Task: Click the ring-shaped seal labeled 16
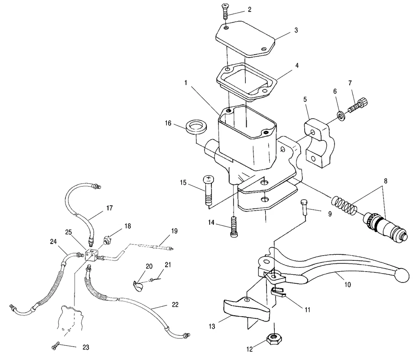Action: [196, 128]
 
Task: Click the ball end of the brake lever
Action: [403, 275]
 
